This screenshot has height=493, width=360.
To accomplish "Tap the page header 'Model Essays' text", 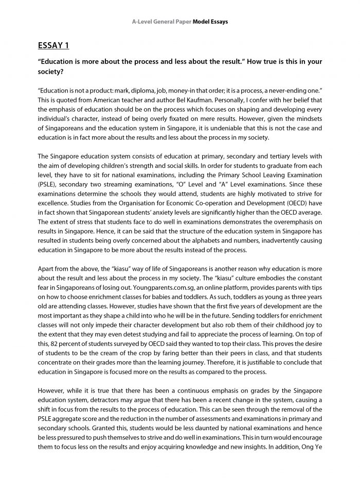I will click(209, 22).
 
